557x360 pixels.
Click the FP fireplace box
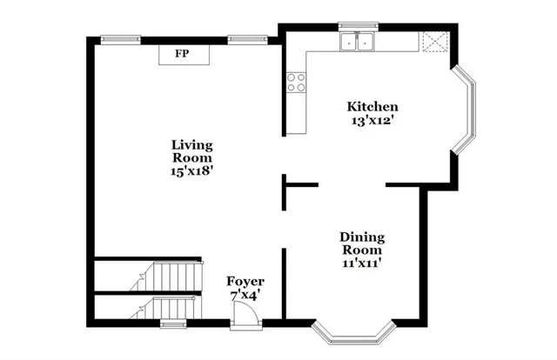[183, 54]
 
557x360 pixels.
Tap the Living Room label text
[192, 151]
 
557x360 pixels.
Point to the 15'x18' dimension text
[192, 171]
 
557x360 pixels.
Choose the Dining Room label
[362, 243]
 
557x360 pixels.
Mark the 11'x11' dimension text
[362, 260]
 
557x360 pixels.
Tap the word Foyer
[245, 282]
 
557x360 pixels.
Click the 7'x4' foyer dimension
[245, 296]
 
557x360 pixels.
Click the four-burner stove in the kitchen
[296, 82]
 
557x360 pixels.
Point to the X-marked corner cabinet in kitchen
[433, 42]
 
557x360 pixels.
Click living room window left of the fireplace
[120, 37]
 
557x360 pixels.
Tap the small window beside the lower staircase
[173, 324]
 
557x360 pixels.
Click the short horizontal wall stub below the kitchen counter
[301, 185]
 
